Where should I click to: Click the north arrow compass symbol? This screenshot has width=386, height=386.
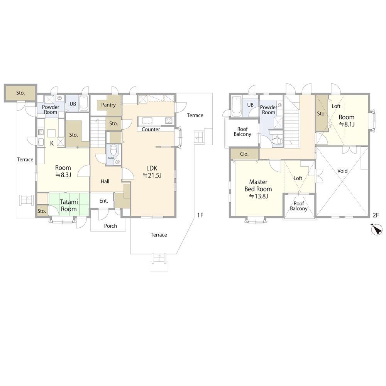377,229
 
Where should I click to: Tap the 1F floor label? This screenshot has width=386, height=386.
200,215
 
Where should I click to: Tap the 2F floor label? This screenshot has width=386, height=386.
376,215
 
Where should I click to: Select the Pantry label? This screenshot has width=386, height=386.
108,105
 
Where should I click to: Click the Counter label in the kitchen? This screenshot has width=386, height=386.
151,129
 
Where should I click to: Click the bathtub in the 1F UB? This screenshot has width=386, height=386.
84,103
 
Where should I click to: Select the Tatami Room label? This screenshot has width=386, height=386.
69,206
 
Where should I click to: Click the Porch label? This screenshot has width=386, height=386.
110,226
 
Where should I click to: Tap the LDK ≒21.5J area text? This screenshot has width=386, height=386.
152,172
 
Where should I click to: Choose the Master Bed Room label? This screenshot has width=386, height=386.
258,189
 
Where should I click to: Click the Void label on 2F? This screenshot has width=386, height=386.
342,171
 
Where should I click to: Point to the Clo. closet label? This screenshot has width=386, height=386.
244,154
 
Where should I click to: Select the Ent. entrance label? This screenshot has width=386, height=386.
103,201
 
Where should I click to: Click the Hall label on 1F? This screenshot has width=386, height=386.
105,181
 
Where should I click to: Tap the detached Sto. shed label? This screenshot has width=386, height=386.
20,93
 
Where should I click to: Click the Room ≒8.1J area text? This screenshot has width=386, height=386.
347,120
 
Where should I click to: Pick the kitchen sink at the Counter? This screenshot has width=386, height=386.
147,121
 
